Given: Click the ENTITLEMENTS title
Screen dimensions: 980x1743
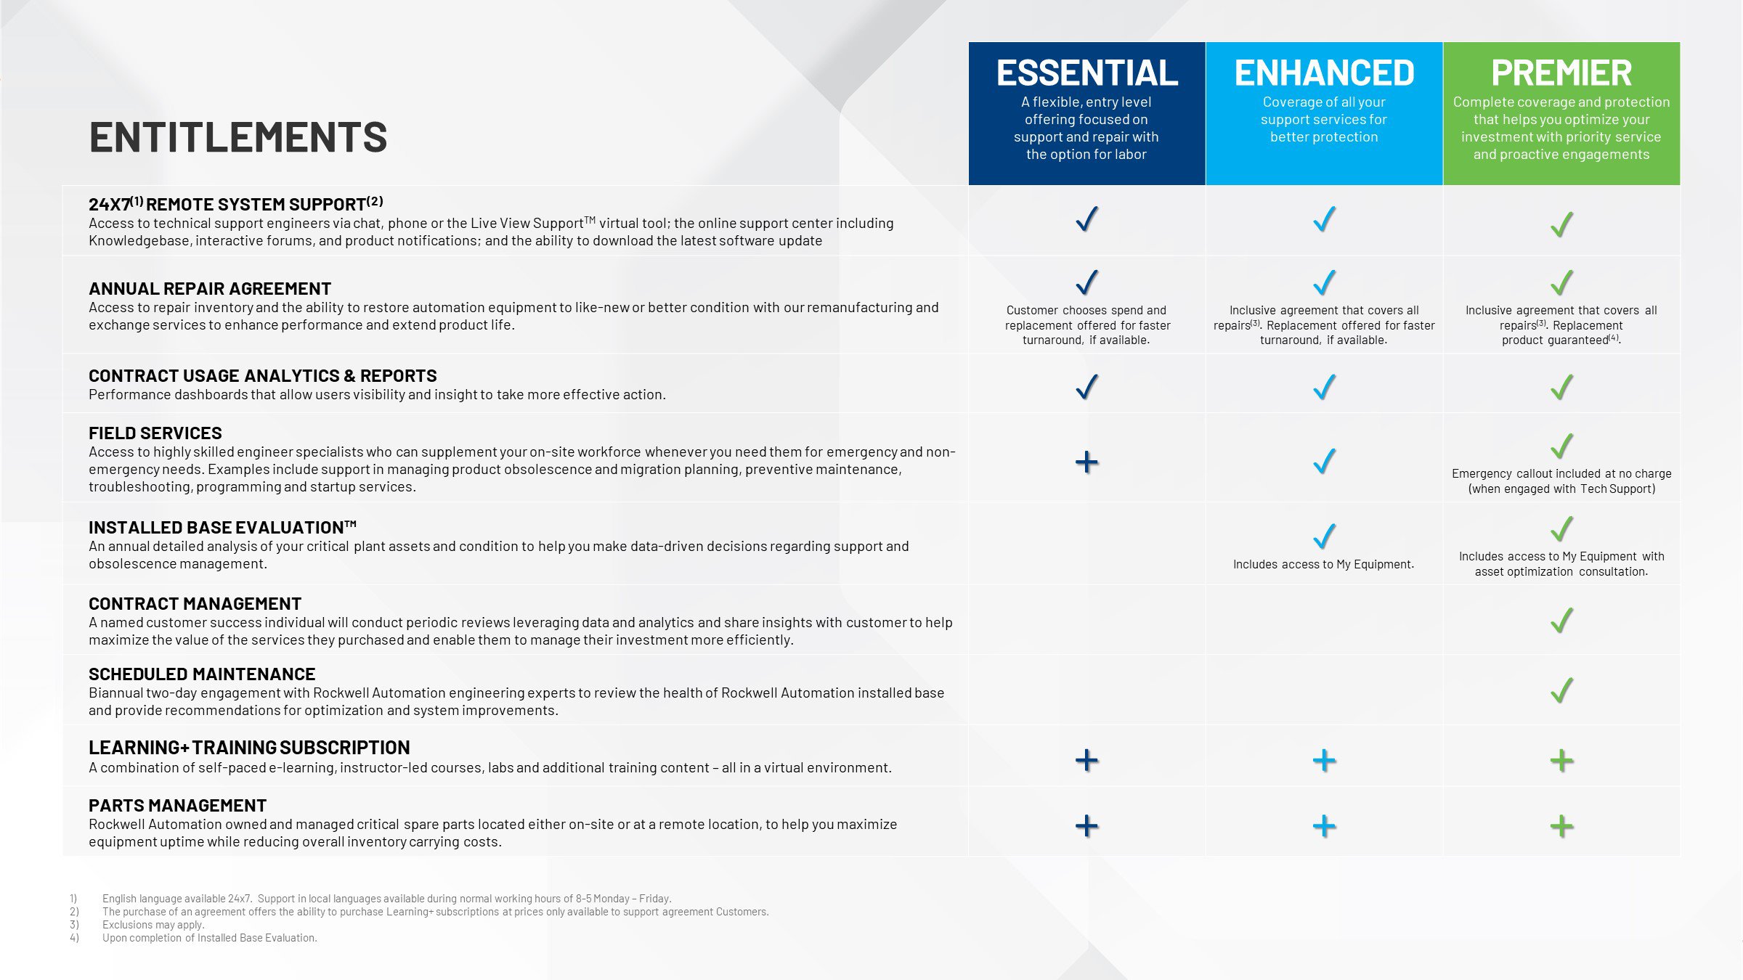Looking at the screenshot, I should click(238, 136).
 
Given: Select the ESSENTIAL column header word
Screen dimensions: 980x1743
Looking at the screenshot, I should click(1086, 73).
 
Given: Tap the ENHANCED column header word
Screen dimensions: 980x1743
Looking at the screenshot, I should click(1324, 73).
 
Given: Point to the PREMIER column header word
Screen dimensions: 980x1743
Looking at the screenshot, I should click(1561, 73).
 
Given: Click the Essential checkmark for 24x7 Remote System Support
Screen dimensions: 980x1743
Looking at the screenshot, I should click(1086, 219).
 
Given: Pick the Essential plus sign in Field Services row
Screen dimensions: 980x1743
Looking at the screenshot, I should click(1086, 462).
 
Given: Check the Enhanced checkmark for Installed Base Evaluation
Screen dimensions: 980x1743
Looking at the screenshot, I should click(1324, 536).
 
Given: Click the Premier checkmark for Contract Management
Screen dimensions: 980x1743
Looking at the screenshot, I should click(1561, 620).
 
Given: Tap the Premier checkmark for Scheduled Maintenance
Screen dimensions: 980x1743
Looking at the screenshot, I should click(1561, 690).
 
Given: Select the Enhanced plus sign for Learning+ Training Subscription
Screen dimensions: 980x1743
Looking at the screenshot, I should click(1324, 761).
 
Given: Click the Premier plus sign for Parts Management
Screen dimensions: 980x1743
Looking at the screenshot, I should click(1561, 826).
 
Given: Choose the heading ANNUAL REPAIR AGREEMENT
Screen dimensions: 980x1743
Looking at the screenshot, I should click(210, 289).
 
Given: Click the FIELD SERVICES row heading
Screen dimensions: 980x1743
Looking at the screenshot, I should click(155, 433).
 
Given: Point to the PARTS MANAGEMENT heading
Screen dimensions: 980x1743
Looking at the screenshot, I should click(177, 806).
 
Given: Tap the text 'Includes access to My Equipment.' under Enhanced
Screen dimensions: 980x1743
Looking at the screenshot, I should click(1323, 564).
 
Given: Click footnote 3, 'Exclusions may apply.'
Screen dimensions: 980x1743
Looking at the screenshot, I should click(153, 925).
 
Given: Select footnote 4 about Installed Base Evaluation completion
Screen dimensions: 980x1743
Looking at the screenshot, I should click(209, 938).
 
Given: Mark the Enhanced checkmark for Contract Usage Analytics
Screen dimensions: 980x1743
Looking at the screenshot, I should click(1324, 387).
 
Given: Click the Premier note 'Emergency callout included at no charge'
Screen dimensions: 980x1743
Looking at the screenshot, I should click(1561, 473).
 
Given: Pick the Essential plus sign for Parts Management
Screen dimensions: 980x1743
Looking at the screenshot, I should click(1086, 826).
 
